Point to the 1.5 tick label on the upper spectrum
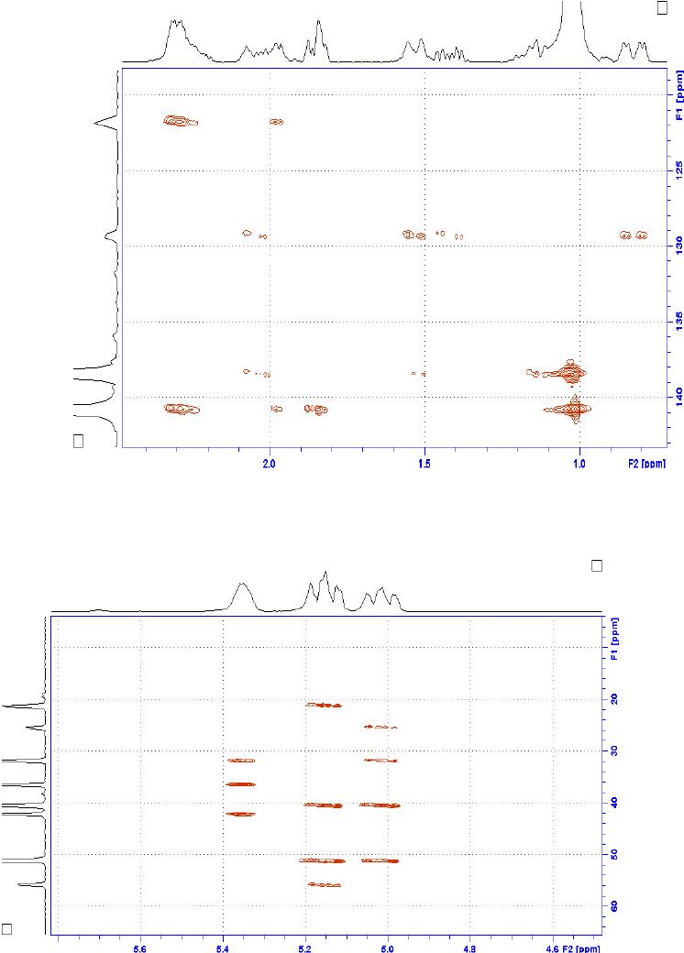(425, 464)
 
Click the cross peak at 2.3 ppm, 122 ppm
(178, 121)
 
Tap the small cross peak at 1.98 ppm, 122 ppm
(276, 122)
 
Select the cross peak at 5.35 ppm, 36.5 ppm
(240, 784)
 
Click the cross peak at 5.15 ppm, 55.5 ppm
(325, 884)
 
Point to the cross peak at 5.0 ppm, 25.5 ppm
(381, 727)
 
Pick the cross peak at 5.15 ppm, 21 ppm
(325, 705)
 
